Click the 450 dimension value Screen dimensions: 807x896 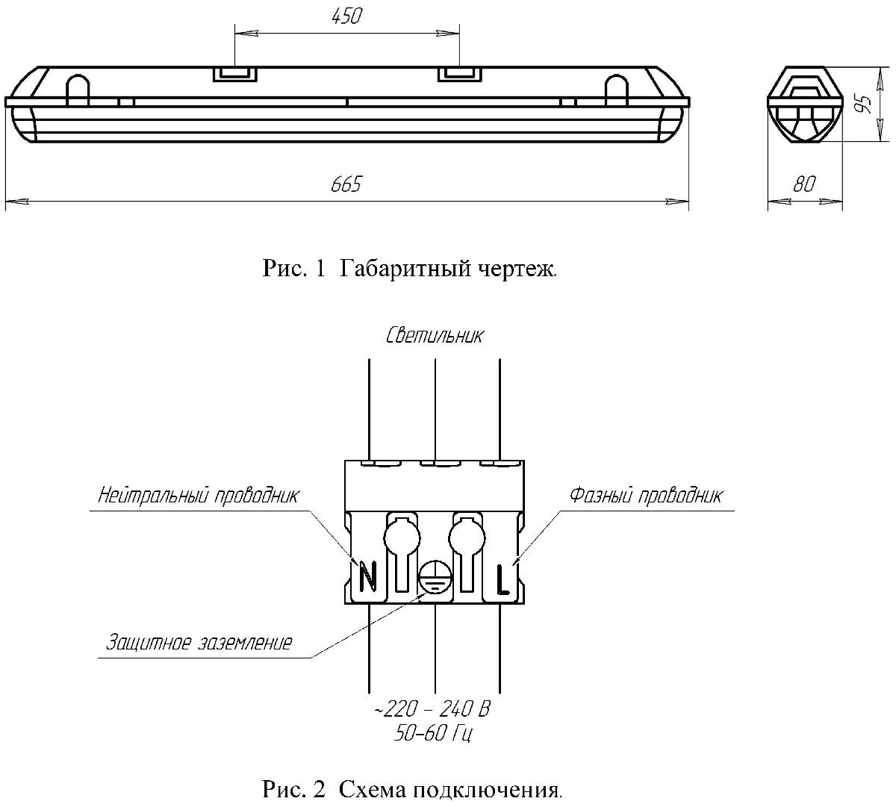(346, 16)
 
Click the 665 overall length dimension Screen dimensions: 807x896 (346, 184)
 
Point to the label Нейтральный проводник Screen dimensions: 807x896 (199, 495)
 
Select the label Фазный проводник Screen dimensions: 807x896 (646, 495)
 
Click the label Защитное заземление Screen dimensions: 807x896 (199, 642)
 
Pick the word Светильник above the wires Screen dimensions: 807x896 (435, 335)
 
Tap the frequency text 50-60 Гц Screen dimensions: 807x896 (434, 732)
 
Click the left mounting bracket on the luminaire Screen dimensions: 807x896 (234, 73)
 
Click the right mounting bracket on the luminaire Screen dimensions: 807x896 (458, 73)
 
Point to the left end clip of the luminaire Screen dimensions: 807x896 (77, 90)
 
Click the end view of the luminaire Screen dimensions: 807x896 (803, 104)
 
